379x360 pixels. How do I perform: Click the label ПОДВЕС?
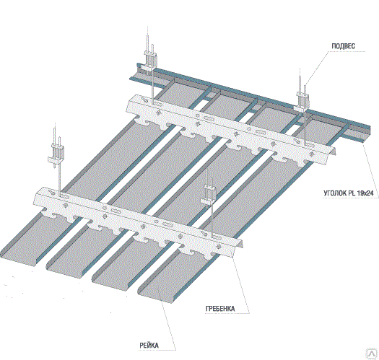tap(343, 46)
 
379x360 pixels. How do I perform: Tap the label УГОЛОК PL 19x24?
tap(348, 193)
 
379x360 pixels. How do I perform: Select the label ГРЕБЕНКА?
tap(220, 309)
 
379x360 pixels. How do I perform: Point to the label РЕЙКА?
tap(149, 346)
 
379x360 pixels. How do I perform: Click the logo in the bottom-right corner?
tap(372, 354)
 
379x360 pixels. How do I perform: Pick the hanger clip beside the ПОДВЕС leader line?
tap(302, 101)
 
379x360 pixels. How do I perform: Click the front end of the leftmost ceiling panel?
tap(17, 259)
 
